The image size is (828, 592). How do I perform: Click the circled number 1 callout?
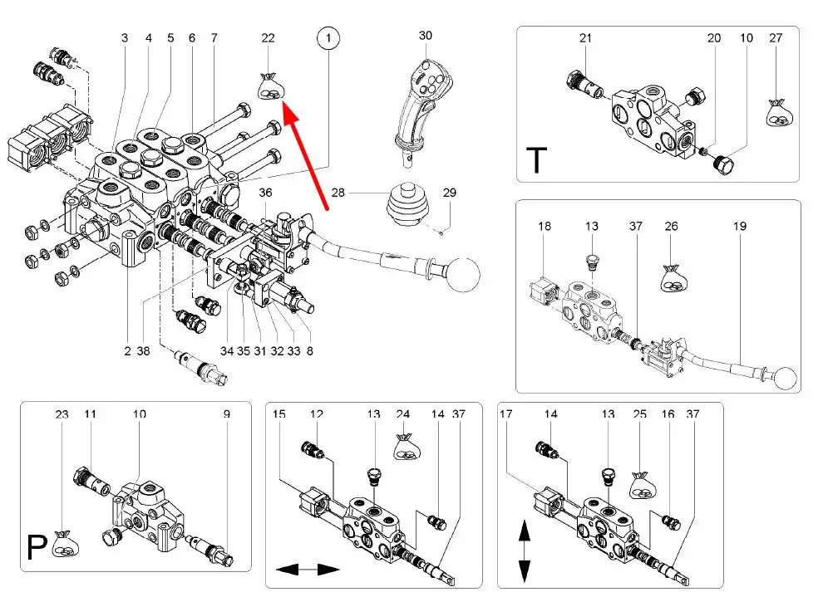point(328,38)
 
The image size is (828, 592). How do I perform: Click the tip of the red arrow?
point(285,104)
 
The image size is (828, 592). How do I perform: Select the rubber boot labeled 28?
point(407,208)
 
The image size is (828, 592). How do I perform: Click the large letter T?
point(536,160)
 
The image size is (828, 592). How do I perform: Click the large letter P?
point(37,547)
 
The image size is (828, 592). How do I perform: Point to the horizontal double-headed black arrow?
point(308,570)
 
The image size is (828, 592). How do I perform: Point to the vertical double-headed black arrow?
point(524,550)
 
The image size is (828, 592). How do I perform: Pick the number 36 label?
point(265,193)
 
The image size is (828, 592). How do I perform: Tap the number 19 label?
point(739,227)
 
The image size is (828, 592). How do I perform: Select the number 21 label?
point(585,38)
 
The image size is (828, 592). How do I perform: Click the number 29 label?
point(450,193)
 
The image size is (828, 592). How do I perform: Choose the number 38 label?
point(143,351)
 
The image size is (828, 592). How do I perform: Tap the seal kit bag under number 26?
point(674,277)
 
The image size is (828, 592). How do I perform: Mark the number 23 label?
point(62,414)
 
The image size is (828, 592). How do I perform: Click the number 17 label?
point(505,414)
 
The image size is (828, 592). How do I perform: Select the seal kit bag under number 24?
point(407,447)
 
